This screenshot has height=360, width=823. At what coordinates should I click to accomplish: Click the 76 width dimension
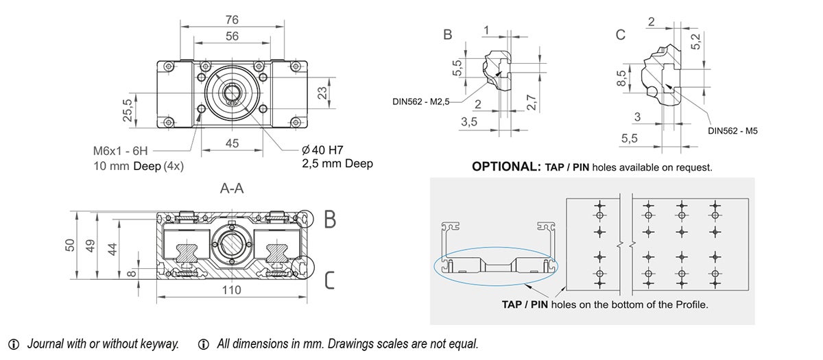pyautogui.click(x=232, y=19)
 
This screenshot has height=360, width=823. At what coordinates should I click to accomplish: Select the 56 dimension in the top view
pyautogui.click(x=232, y=36)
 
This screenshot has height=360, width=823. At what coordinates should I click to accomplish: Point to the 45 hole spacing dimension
pyautogui.click(x=232, y=143)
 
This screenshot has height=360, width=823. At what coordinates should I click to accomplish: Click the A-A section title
pyautogui.click(x=232, y=189)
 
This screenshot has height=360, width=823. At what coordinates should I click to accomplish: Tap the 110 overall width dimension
pyautogui.click(x=232, y=290)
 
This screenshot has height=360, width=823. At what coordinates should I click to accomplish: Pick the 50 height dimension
pyautogui.click(x=70, y=244)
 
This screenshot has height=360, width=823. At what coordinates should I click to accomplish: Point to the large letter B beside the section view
pyautogui.click(x=330, y=219)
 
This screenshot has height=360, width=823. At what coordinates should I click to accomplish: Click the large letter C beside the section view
pyautogui.click(x=329, y=280)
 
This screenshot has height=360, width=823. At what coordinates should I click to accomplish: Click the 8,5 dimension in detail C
pyautogui.click(x=621, y=77)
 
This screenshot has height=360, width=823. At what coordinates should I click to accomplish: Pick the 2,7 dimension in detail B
pyautogui.click(x=529, y=103)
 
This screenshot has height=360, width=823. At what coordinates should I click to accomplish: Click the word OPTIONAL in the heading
pyautogui.click(x=506, y=167)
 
